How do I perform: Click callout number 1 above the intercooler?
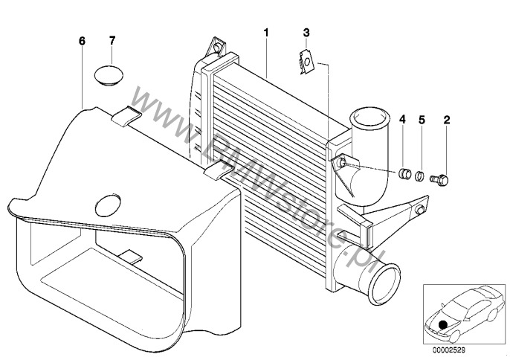tap(266, 33)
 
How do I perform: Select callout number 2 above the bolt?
tap(447, 120)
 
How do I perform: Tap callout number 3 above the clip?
tap(306, 33)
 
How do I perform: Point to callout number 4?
tap(403, 120)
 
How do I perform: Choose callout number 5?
tap(422, 120)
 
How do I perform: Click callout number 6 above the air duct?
tap(82, 41)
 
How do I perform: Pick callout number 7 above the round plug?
tap(112, 41)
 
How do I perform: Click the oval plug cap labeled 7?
tap(109, 76)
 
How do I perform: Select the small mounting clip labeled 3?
tap(306, 62)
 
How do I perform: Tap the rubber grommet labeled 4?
tap(404, 173)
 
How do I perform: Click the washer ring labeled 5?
tap(419, 176)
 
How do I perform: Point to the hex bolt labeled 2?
tap(440, 179)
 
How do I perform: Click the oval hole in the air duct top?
tap(108, 206)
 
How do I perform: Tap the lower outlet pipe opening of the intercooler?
tap(384, 284)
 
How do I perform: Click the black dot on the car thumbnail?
tap(442, 325)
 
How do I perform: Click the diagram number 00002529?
tap(448, 350)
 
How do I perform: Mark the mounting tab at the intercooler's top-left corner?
tap(216, 47)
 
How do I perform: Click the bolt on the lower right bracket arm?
tap(419, 210)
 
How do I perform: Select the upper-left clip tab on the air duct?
tap(126, 116)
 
